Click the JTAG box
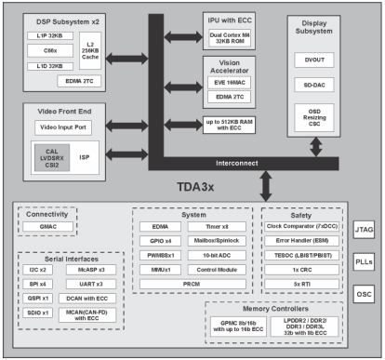coord(363,232)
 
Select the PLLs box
coord(363,262)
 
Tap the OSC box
coord(363,293)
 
